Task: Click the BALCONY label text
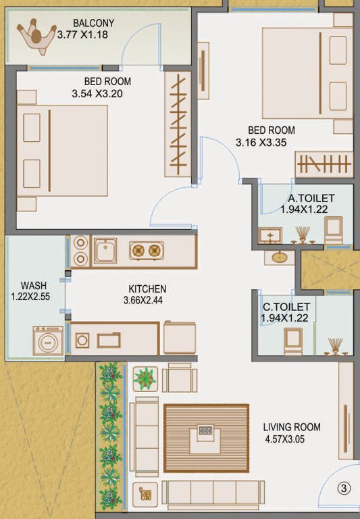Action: point(95,23)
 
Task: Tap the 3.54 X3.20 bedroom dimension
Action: point(97,94)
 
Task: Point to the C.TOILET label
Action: point(286,306)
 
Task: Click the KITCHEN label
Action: point(145,289)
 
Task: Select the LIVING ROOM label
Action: point(292,427)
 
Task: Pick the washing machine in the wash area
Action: point(48,340)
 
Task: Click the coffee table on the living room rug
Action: point(206,434)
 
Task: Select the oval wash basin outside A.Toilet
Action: point(279,257)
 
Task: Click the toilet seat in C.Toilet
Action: point(293,339)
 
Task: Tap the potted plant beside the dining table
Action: point(145,378)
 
